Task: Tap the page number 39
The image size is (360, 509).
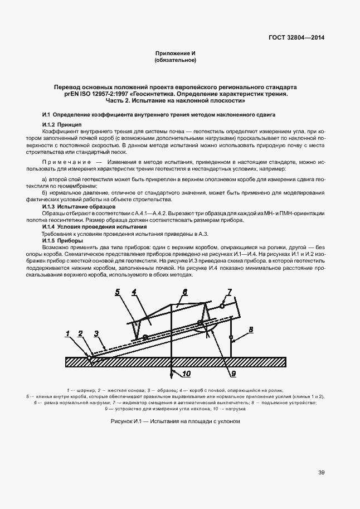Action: tap(322, 473)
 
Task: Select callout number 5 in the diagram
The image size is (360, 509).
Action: tap(118, 292)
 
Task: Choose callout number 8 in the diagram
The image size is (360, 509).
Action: tap(250, 330)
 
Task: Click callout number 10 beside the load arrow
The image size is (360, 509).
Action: tap(187, 373)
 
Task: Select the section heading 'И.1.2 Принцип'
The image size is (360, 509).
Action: tap(62, 124)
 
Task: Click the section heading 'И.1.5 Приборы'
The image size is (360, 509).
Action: tap(62, 241)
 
